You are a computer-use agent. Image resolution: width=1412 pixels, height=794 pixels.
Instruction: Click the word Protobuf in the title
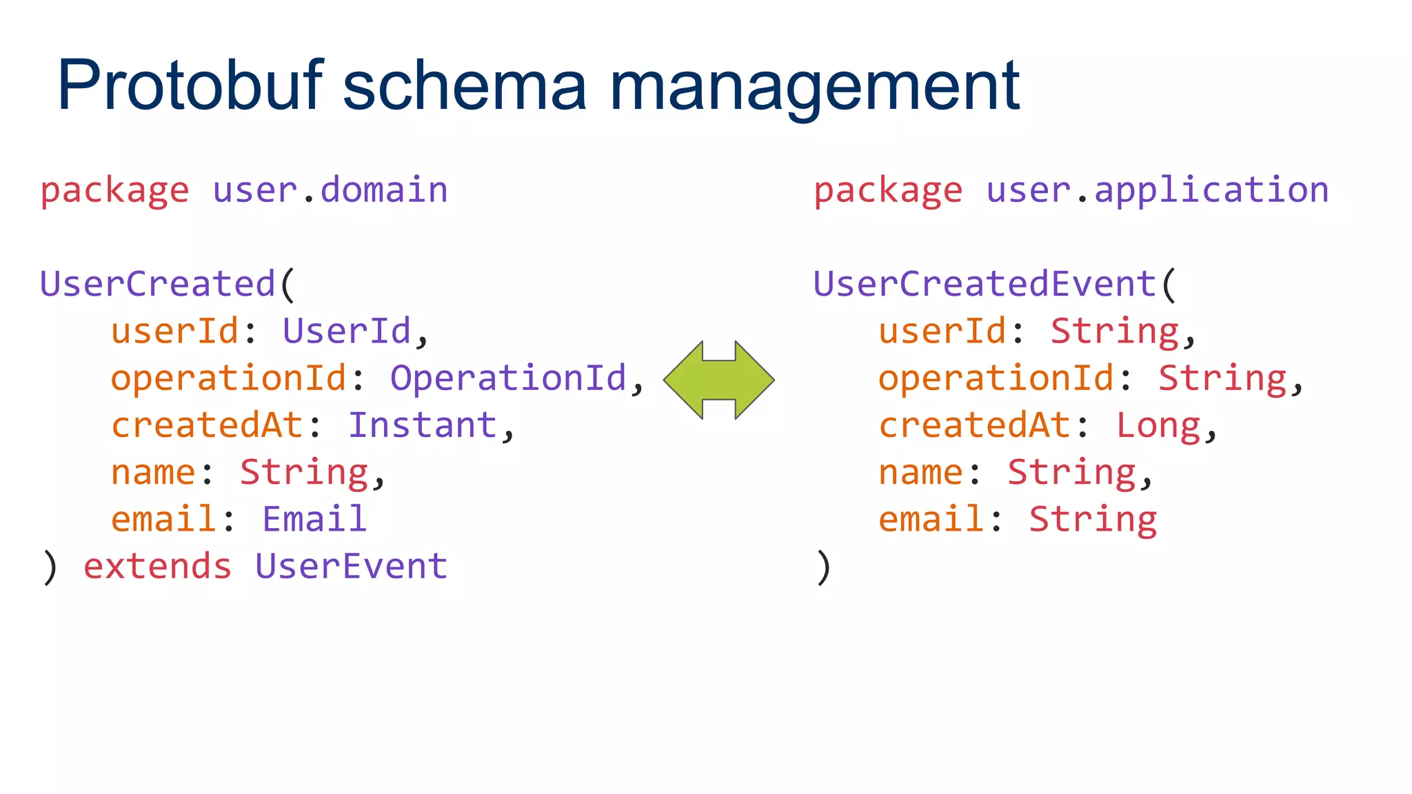coord(190,86)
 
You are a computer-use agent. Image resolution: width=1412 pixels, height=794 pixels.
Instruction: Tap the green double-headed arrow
coord(718,380)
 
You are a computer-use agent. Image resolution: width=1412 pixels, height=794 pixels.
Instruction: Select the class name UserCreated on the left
coord(158,284)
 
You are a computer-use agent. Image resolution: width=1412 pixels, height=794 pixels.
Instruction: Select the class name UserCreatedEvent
coord(985,284)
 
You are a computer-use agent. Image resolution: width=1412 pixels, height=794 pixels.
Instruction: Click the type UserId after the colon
coord(347,331)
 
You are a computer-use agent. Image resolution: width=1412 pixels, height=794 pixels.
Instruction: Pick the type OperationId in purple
coord(509,378)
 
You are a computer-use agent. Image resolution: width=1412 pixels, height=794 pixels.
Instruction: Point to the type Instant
coord(423,425)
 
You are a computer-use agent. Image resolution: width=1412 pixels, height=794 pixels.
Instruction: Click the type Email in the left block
coord(314,519)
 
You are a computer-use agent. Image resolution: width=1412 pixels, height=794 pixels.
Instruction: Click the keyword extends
coord(157,567)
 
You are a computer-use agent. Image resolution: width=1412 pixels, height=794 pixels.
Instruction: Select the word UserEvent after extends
coord(352,567)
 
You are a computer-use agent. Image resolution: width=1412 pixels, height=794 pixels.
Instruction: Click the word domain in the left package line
coord(384,190)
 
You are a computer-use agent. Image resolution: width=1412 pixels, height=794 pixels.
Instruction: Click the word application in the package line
coord(1211,190)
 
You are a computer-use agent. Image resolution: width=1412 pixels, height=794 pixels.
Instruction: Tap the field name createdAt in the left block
coord(207,425)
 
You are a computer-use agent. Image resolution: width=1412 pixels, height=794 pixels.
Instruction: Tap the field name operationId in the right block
coord(996,378)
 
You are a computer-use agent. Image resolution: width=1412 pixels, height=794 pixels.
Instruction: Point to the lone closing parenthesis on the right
coord(823,568)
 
